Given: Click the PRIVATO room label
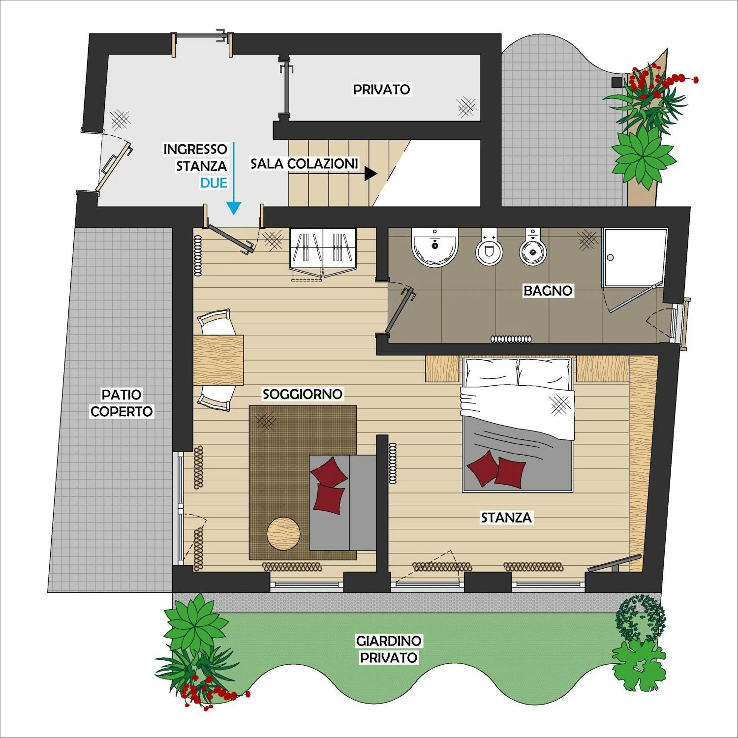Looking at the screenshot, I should pyautogui.click(x=381, y=89).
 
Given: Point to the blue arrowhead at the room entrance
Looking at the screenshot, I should pyautogui.click(x=233, y=208).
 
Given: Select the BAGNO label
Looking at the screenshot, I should pyautogui.click(x=548, y=291).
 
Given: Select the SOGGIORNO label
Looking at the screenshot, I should pyautogui.click(x=302, y=394).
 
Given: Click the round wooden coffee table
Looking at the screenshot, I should pyautogui.click(x=283, y=534).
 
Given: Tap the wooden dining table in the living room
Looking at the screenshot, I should pyautogui.click(x=218, y=359).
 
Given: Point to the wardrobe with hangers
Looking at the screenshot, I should pyautogui.click(x=323, y=248).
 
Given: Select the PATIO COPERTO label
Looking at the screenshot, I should pyautogui.click(x=122, y=403).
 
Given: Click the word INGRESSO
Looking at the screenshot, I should pyautogui.click(x=195, y=149).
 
